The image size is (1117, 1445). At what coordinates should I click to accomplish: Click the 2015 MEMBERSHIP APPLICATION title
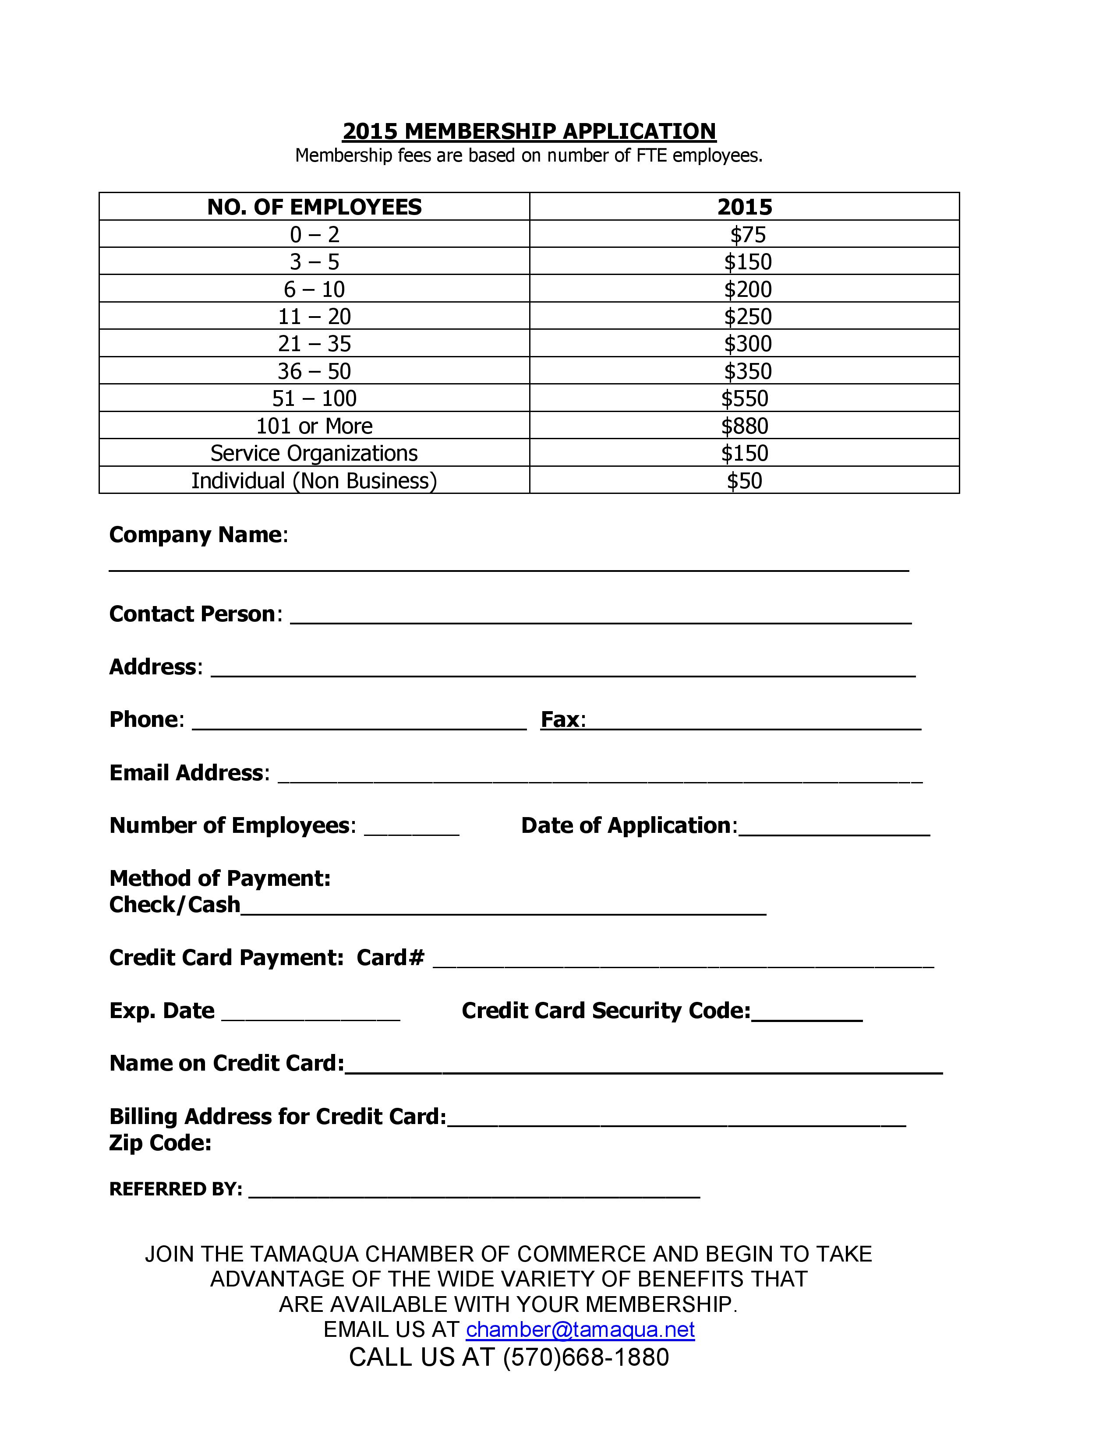click(x=529, y=131)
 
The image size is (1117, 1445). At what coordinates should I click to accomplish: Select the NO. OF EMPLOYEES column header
click(x=315, y=207)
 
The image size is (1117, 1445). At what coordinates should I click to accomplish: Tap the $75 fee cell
click(x=747, y=235)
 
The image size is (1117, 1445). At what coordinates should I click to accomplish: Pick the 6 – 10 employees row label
click(x=315, y=289)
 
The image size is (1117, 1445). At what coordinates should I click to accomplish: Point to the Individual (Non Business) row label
click(x=315, y=481)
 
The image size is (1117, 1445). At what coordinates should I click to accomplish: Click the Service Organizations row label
click(x=315, y=453)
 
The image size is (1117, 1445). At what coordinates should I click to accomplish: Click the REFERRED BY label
click(x=175, y=1189)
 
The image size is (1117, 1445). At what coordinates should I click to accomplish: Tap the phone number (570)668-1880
click(x=586, y=1357)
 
